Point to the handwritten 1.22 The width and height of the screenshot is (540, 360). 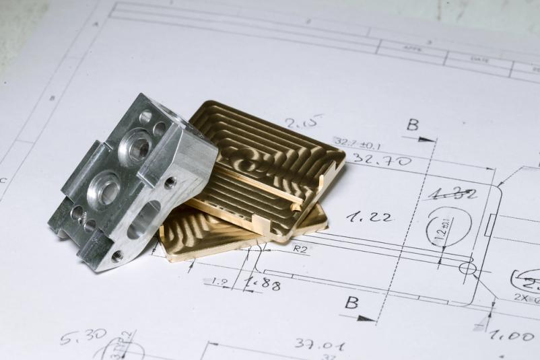coord(370,216)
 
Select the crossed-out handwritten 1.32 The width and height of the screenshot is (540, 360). coord(452,194)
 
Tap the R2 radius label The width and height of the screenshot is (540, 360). coord(300,248)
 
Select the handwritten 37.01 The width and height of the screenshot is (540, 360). coord(320,345)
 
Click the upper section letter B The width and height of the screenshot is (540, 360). coord(412,124)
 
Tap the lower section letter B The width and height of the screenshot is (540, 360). coord(351,302)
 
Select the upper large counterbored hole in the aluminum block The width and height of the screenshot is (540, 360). coord(137,147)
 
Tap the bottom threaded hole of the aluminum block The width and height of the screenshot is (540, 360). coord(117,256)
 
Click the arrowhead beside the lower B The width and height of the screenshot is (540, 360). coord(366,318)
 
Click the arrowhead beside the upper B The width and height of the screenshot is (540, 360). coord(427,139)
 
